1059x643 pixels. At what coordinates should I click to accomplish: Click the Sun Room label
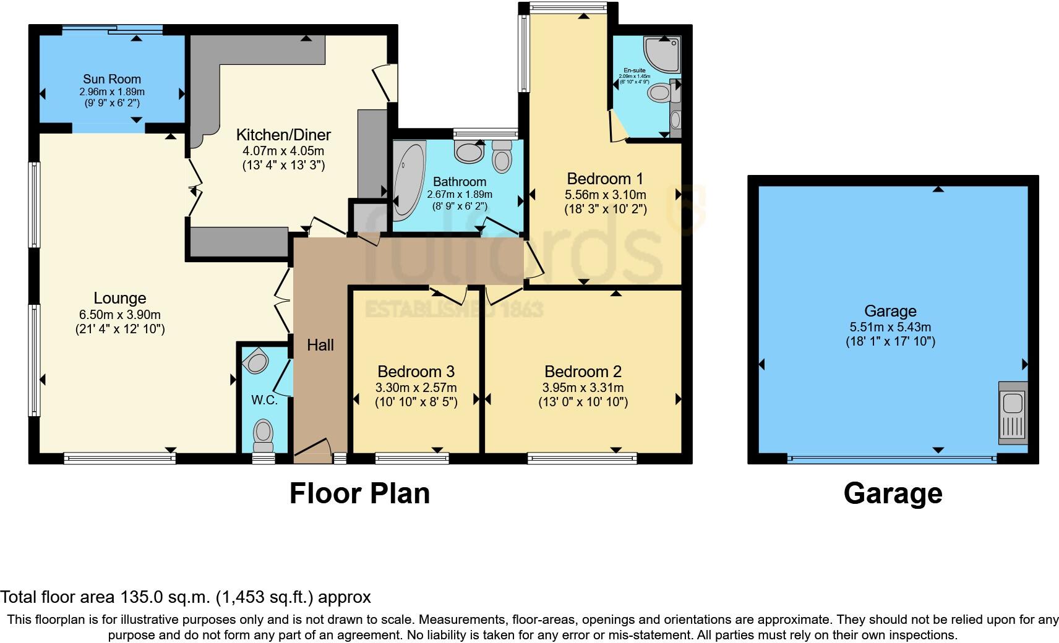pyautogui.click(x=112, y=79)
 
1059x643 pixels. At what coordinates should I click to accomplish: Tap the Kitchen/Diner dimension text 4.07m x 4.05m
pyautogui.click(x=283, y=151)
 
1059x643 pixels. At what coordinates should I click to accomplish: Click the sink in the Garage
pyautogui.click(x=1013, y=413)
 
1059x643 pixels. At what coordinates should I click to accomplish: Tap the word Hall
pyautogui.click(x=320, y=345)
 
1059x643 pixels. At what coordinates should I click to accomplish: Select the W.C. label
pyautogui.click(x=264, y=400)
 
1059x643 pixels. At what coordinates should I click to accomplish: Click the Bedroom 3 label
pyautogui.click(x=416, y=372)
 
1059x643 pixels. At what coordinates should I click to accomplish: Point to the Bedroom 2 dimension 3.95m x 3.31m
pyautogui.click(x=583, y=388)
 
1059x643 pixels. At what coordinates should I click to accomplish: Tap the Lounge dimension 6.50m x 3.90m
pyautogui.click(x=119, y=315)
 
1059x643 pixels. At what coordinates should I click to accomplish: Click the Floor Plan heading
pyautogui.click(x=359, y=493)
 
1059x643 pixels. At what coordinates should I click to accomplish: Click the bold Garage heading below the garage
pyautogui.click(x=893, y=493)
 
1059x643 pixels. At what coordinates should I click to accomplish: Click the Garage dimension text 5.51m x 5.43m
pyautogui.click(x=890, y=327)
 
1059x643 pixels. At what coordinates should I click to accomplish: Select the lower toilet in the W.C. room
pyautogui.click(x=264, y=433)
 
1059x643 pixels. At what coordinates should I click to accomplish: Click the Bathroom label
pyautogui.click(x=459, y=182)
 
